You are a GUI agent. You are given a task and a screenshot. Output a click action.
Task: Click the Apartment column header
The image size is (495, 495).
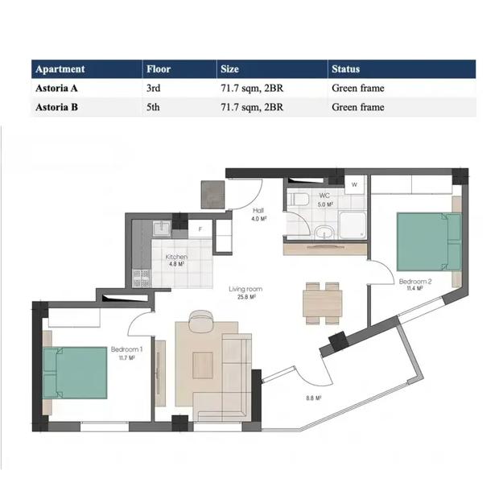(x=60, y=69)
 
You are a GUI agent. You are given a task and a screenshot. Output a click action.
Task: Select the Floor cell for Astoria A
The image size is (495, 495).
(x=154, y=88)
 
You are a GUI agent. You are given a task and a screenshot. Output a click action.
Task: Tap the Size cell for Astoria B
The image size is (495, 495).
(x=252, y=107)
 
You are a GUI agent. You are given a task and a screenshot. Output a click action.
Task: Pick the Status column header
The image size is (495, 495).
(x=345, y=69)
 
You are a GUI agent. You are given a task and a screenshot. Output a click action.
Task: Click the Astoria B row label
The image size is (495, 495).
(x=56, y=107)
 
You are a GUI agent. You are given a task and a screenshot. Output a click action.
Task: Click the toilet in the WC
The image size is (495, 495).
(x=299, y=199)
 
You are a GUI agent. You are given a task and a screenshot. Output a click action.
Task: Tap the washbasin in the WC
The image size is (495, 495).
(x=324, y=232)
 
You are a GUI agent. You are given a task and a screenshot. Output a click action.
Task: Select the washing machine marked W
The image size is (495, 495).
(x=354, y=184)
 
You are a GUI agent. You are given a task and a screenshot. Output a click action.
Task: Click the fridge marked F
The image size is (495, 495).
(x=200, y=229)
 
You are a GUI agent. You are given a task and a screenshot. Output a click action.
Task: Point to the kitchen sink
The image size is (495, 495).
(x=162, y=228)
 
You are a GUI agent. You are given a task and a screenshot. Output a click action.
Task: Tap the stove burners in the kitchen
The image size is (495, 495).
(x=142, y=278)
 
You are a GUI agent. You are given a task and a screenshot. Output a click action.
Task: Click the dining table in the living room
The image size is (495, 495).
(x=322, y=303)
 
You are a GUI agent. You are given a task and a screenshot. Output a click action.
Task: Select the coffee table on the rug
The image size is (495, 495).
(x=203, y=365)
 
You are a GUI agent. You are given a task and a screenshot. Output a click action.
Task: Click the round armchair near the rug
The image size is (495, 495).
(x=200, y=321)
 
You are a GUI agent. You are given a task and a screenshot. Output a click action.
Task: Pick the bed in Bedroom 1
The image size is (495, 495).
(x=75, y=373)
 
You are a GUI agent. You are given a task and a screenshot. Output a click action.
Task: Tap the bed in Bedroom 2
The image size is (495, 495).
(x=429, y=241)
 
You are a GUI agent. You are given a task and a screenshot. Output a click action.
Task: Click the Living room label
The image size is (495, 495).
(x=245, y=289)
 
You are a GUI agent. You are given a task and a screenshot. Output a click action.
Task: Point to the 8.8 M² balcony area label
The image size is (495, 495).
(x=313, y=398)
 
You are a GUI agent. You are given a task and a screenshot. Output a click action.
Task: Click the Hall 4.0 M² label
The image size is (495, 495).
(x=259, y=214)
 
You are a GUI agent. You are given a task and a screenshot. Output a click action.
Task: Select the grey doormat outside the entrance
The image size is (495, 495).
(x=213, y=195)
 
